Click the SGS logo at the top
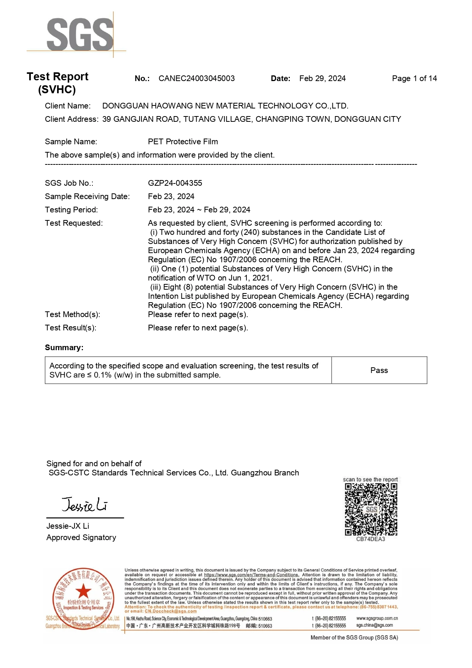tap(80, 35)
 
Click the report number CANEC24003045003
tap(196, 78)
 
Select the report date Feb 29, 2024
tap(322, 78)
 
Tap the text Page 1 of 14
tap(414, 78)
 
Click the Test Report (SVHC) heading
tap(57, 83)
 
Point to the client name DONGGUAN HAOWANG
tap(225, 106)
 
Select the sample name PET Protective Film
tap(183, 142)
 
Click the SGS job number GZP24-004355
tap(175, 183)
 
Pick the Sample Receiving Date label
tap(87, 196)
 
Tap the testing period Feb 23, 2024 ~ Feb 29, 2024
tap(199, 210)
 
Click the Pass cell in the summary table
tap(379, 370)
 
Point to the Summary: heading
tap(64, 348)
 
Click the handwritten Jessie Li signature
tap(84, 505)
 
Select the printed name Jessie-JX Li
tap(68, 526)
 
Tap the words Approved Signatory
tap(81, 537)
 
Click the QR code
tap(371, 509)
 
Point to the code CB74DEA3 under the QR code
tap(370, 539)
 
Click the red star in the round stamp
tap(83, 591)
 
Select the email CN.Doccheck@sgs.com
tap(170, 611)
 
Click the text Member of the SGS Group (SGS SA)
tap(354, 638)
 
